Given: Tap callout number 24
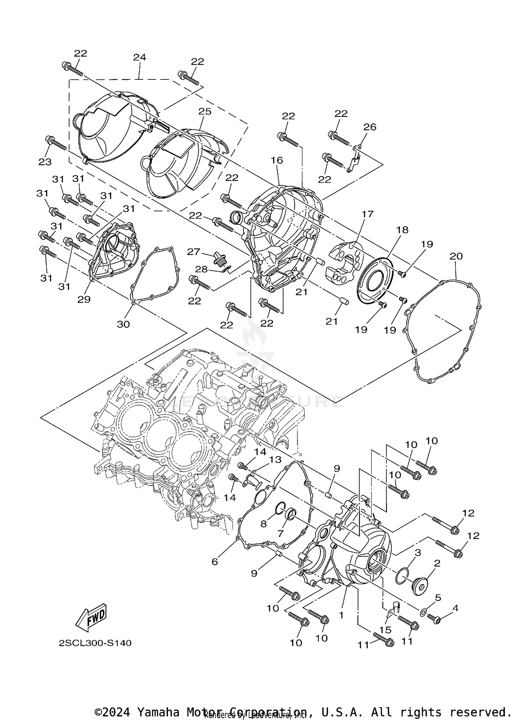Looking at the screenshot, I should click(140, 57).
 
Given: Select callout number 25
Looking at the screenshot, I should click(205, 111).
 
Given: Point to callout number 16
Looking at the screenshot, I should click(277, 160).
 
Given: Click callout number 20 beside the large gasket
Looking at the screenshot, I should click(456, 256).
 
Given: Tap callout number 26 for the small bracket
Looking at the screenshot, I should click(370, 127).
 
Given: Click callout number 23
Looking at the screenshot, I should click(45, 162).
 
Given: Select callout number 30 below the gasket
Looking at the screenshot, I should click(123, 324).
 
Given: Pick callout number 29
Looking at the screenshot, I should click(84, 299).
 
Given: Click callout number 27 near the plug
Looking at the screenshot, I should click(193, 252).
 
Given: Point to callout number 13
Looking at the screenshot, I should click(275, 460).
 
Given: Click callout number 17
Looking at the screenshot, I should click(368, 214).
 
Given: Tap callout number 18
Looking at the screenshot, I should click(402, 230).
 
